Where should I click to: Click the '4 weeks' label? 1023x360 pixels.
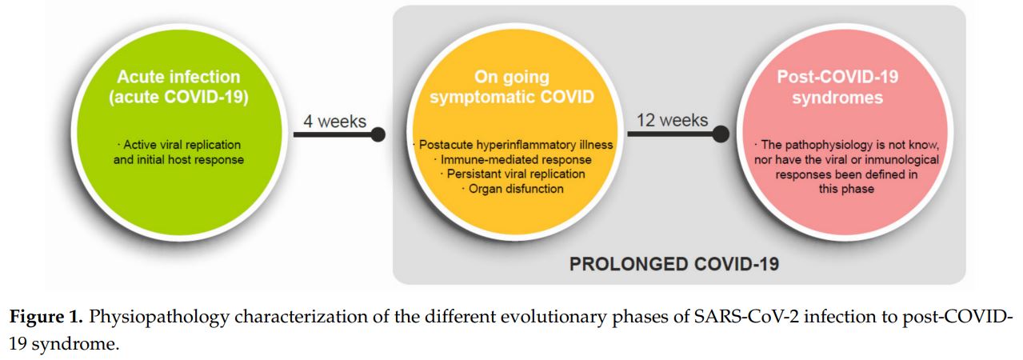click(335, 122)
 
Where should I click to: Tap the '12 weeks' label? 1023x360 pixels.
click(672, 120)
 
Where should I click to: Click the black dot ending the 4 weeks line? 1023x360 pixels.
click(378, 134)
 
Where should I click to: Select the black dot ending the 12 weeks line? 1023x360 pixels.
click(721, 134)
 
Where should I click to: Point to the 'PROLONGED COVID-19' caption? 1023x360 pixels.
click(674, 264)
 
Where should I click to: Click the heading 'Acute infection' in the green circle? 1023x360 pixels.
click(178, 77)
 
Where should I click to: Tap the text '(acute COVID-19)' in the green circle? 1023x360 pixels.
click(178, 98)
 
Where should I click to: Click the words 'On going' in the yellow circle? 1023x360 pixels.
click(512, 78)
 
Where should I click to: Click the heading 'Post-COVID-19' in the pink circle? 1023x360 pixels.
click(837, 77)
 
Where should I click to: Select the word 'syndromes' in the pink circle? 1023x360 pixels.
click(837, 98)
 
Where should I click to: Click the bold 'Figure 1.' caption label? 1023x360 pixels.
click(46, 317)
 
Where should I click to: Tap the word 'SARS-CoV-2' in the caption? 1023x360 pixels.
click(746, 317)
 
